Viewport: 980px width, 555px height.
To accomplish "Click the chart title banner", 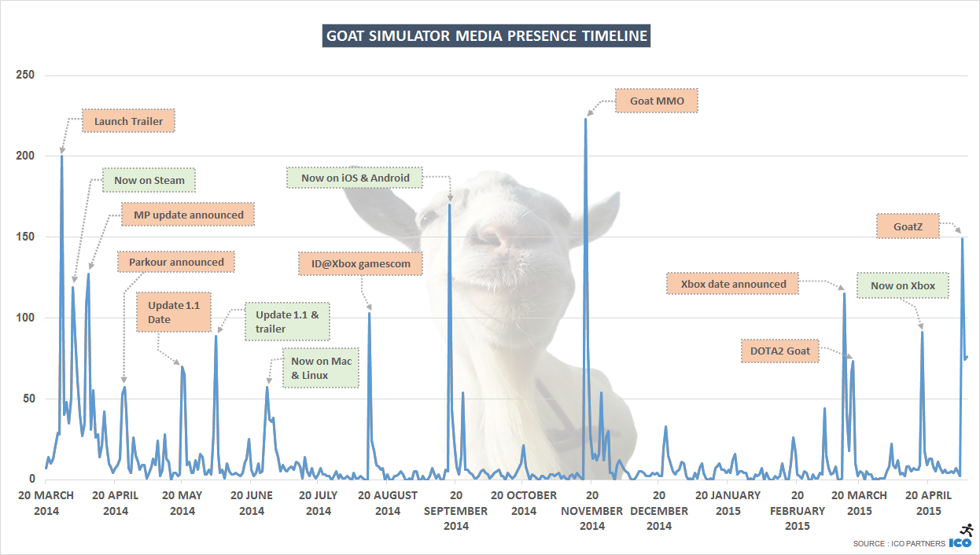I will (486, 36).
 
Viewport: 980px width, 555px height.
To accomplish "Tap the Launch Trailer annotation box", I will (128, 121).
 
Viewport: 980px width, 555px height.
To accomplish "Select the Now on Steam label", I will (149, 180).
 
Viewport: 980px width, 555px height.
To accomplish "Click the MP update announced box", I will (189, 215).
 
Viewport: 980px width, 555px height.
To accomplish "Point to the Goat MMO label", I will (658, 101).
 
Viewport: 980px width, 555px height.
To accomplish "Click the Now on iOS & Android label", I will (356, 178).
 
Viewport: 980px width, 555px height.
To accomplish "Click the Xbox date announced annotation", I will (733, 284).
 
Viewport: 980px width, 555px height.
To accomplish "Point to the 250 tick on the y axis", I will (25, 75).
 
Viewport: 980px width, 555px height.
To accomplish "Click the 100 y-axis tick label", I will (25, 318).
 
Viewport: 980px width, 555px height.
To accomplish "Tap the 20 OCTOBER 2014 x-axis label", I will (524, 502).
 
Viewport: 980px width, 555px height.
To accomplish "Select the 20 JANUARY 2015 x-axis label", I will (728, 502).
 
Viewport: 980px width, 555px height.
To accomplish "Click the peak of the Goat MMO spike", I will (585, 119).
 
